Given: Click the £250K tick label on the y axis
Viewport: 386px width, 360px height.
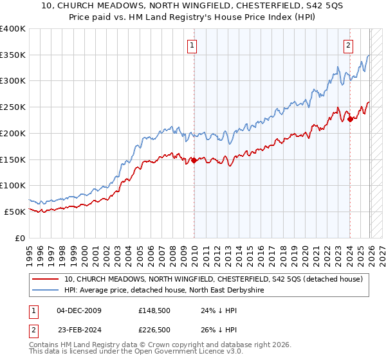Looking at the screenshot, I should [13, 107].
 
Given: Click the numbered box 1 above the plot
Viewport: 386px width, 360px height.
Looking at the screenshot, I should [193, 45].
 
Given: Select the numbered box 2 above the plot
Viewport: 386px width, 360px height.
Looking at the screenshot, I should [348, 45].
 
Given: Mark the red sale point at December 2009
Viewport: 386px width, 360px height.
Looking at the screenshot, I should [194, 161].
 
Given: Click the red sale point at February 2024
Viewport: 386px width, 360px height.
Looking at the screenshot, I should [350, 119].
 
